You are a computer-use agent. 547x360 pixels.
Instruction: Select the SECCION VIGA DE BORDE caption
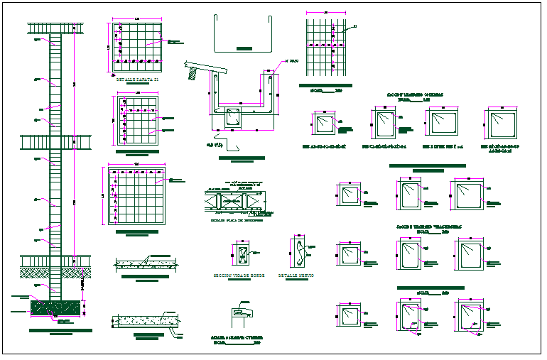237,275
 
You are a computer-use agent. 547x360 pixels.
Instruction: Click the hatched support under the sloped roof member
196,72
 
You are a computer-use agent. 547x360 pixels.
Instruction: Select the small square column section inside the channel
234,119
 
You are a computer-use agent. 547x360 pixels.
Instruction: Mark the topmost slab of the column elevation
56,28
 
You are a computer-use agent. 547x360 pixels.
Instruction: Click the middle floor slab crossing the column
56,141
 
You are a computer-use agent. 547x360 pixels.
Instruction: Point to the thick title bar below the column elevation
60,330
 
